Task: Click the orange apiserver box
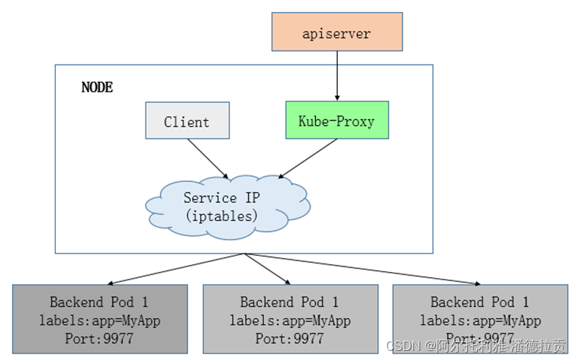tap(337, 31)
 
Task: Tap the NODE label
tap(97, 87)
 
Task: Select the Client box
tap(187, 120)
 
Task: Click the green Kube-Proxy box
tap(337, 120)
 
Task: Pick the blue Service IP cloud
tap(228, 207)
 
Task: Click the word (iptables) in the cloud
tap(222, 216)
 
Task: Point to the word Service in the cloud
tap(210, 198)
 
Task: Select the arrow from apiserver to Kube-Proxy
tap(337, 75)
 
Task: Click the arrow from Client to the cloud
tap(208, 159)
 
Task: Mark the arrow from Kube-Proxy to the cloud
tap(308, 159)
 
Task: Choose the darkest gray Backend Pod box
tap(100, 319)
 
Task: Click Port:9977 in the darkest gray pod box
tap(99, 338)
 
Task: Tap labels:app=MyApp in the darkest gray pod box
tap(100, 320)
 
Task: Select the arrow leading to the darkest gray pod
tap(176, 269)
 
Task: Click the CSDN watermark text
tap(476, 345)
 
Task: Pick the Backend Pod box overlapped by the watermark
tap(480, 319)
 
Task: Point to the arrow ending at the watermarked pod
tap(362, 269)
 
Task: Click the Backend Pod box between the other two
tap(290, 319)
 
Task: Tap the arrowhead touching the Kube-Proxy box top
tap(337, 98)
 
